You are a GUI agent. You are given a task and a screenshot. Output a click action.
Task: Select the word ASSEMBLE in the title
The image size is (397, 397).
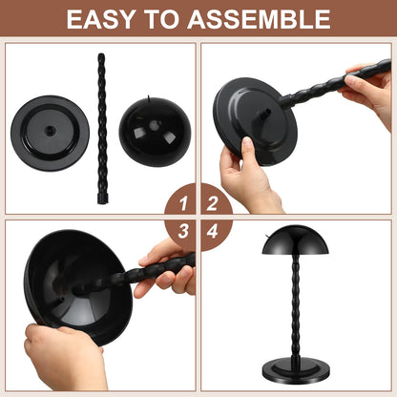pyautogui.click(x=266, y=18)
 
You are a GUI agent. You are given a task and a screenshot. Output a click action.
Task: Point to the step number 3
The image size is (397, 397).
pyautogui.click(x=178, y=232)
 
